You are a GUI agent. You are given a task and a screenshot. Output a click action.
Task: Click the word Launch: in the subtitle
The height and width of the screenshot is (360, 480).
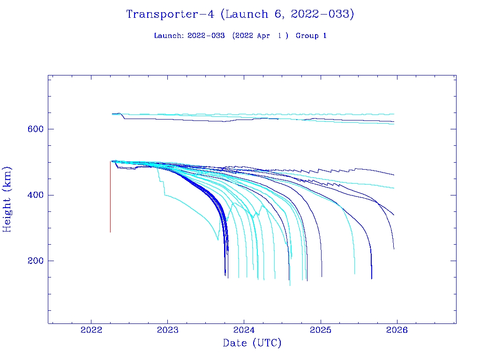pos(169,36)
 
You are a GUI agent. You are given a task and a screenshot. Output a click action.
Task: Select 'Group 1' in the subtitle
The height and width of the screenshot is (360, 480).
pos(311,36)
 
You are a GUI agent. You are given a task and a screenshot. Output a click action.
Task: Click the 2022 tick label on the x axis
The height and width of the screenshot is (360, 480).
pos(91,330)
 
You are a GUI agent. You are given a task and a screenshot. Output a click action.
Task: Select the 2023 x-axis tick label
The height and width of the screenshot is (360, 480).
pos(168,330)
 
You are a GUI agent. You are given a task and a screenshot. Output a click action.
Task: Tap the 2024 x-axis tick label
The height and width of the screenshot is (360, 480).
pos(244,330)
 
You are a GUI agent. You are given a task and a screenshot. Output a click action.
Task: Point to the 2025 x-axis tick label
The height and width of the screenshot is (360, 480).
pos(321,330)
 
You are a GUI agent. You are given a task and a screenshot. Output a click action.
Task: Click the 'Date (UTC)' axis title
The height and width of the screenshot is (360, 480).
pos(252,344)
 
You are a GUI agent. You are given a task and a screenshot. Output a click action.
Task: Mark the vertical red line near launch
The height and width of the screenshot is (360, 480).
pos(110,197)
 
